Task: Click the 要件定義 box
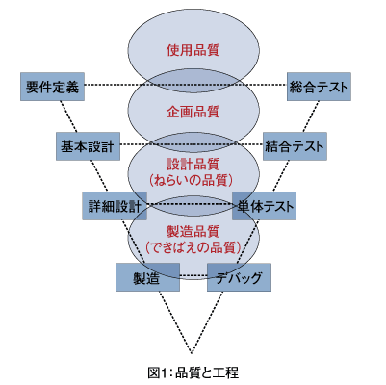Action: pos(52,87)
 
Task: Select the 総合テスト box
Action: pos(319,87)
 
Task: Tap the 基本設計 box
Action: pos(88,146)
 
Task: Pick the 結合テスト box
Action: pos(295,146)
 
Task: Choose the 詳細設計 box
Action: pos(115,206)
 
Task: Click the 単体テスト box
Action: pos(264,206)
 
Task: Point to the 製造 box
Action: pos(147,277)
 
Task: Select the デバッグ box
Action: pos(239,277)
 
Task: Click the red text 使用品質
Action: pos(193,50)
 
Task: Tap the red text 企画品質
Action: pos(193,112)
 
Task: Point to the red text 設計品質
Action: pos(193,165)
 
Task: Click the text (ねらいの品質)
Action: pos(192,181)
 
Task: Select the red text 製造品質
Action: pos(193,231)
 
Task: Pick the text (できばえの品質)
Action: pos(193,247)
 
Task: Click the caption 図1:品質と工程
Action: pos(193,372)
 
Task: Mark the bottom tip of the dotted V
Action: pos(192,353)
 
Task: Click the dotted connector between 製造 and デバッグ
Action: pos(193,275)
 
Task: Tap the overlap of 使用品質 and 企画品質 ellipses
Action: pos(193,81)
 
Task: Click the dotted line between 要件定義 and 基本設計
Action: pos(68,116)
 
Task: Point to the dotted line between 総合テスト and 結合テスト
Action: pos(311,116)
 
